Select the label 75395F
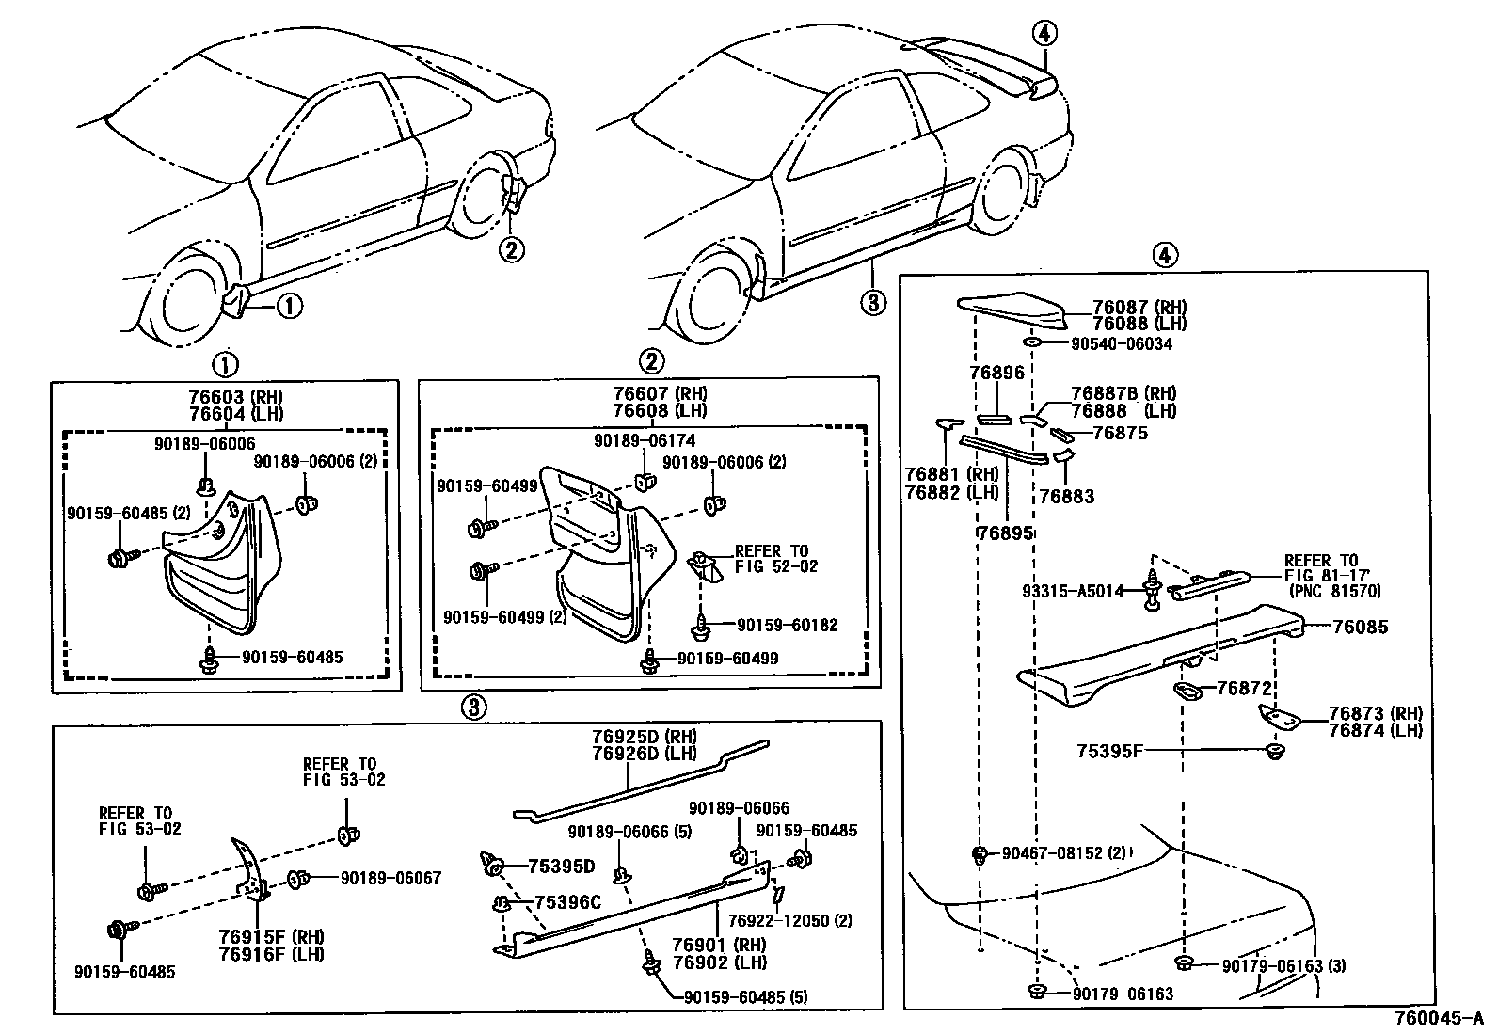click(1109, 751)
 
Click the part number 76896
click(996, 373)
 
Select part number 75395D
click(561, 867)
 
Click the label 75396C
click(567, 903)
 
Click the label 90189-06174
click(645, 440)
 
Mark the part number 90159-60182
click(787, 626)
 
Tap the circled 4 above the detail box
click(1163, 254)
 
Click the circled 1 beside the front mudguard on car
click(289, 305)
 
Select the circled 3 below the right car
click(872, 302)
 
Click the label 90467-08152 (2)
click(1063, 853)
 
